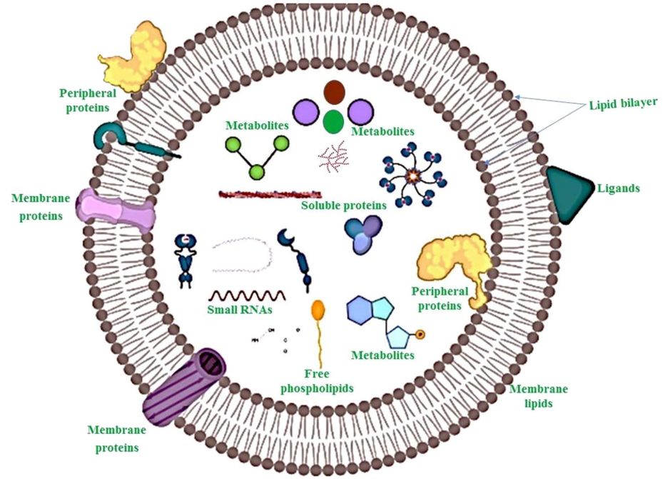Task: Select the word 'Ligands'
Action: (618, 189)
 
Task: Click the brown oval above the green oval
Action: (334, 92)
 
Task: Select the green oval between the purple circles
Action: (332, 122)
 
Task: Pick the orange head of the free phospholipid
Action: (318, 310)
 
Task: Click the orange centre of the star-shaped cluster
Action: (412, 174)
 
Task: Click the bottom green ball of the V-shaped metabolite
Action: (256, 172)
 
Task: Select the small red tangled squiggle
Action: (333, 155)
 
